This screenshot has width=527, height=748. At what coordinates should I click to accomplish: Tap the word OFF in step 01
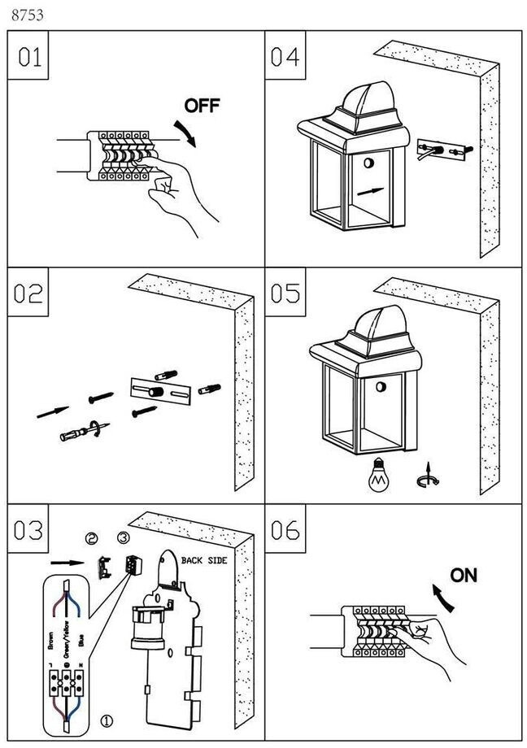tap(202, 106)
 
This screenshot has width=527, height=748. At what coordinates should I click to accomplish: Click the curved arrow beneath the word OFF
tap(188, 131)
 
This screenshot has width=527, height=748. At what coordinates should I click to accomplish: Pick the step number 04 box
tap(285, 57)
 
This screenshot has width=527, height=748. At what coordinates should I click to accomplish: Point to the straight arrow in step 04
tap(369, 192)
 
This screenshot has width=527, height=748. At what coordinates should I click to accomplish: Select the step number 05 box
tap(285, 293)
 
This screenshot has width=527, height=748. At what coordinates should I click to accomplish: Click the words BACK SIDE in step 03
tap(203, 561)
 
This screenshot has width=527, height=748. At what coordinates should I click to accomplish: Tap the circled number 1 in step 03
tap(107, 720)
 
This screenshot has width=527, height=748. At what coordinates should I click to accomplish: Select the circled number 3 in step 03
tap(123, 538)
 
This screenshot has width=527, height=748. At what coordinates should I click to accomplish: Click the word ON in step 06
tap(464, 576)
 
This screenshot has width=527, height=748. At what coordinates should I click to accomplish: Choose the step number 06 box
tap(285, 529)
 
